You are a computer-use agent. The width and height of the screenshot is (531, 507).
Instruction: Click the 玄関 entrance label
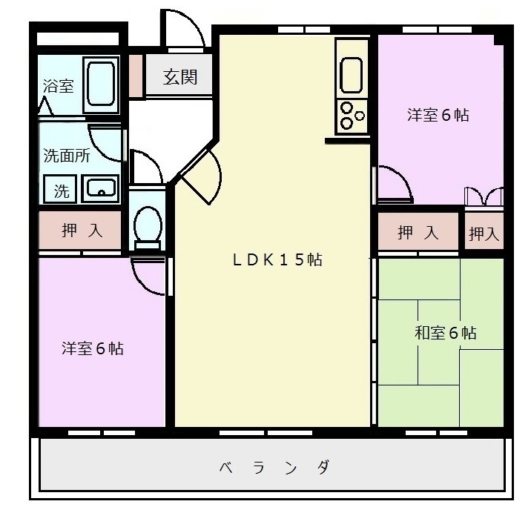(x=180, y=76)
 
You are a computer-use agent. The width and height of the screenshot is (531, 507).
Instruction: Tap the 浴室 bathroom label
(x=58, y=86)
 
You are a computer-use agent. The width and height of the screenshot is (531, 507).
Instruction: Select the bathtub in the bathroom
(x=100, y=85)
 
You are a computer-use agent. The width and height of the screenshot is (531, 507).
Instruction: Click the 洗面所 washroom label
(x=66, y=156)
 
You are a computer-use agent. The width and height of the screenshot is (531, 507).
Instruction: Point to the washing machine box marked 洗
(x=62, y=190)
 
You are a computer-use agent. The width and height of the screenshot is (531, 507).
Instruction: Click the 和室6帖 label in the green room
(x=445, y=333)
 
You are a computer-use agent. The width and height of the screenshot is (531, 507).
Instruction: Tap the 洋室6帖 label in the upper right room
(x=438, y=115)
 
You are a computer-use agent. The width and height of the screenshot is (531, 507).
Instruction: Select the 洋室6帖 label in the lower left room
(x=92, y=348)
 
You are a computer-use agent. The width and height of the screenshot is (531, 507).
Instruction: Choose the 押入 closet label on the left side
(x=81, y=231)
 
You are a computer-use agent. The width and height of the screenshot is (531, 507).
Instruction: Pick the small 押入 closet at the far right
(x=484, y=234)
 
